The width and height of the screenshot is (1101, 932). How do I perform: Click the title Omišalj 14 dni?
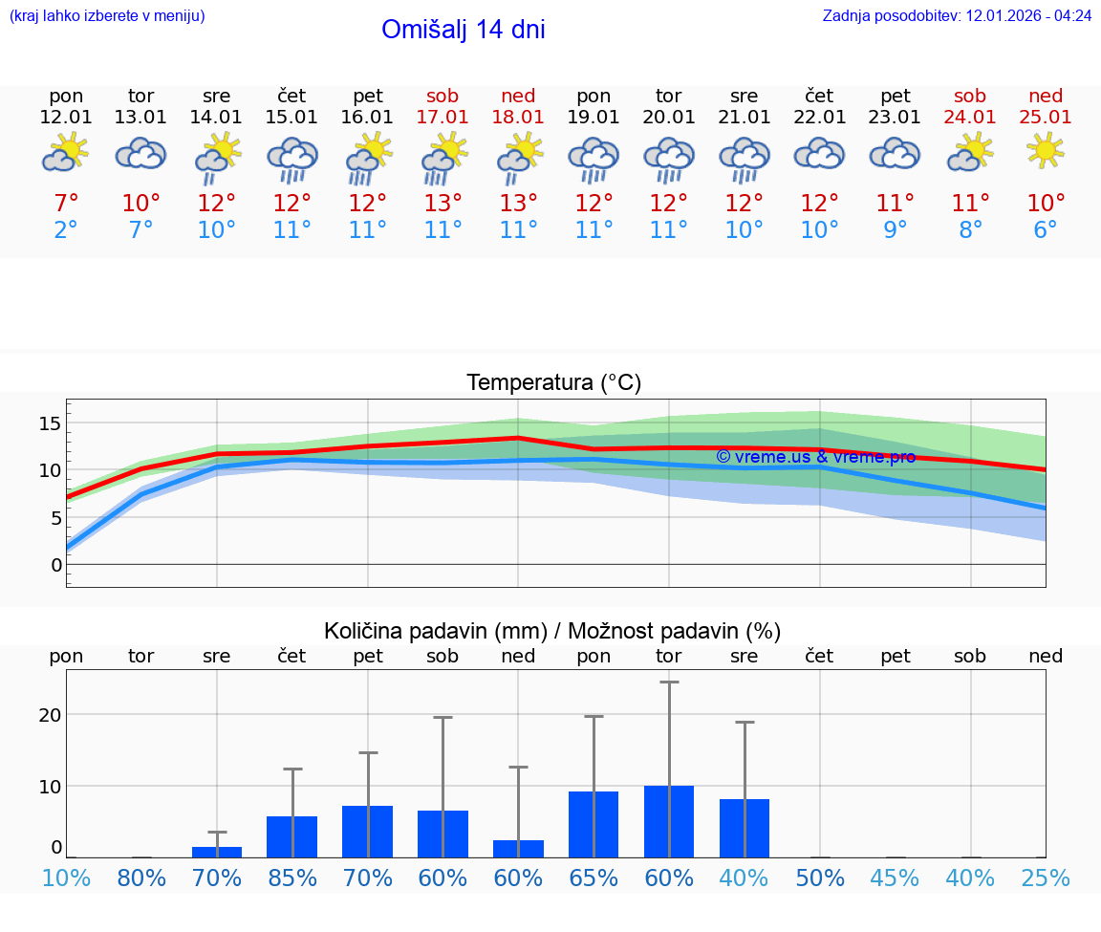pos(463,30)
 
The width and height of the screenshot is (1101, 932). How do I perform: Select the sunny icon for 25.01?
pos(1046,151)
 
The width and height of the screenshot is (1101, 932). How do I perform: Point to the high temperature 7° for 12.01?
pos(66,203)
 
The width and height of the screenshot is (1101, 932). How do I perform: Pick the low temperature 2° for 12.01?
pos(66,230)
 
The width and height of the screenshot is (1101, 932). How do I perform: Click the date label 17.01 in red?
pos(443,118)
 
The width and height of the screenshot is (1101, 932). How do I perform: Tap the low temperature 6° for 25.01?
pos(1046,230)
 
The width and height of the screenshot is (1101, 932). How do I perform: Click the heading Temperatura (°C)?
pos(553,383)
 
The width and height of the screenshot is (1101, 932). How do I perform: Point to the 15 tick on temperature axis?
pos(51,423)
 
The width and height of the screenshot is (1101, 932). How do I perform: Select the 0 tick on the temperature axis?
pos(56,565)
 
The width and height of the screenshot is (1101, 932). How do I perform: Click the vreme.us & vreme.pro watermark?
pos(815,457)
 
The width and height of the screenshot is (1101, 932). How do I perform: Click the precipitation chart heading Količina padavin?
pos(552,631)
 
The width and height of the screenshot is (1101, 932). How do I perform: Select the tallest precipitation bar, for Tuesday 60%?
pos(669,821)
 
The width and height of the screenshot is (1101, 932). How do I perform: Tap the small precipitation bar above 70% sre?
pos(217,852)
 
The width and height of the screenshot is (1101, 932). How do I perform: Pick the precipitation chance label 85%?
pos(292,878)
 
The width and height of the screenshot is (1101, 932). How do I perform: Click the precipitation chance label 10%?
pos(66,878)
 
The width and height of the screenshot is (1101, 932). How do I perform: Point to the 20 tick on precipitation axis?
pos(51,714)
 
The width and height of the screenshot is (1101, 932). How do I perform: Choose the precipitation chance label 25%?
pos(1046,878)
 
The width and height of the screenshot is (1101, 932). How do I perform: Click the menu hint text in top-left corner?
pos(107,16)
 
